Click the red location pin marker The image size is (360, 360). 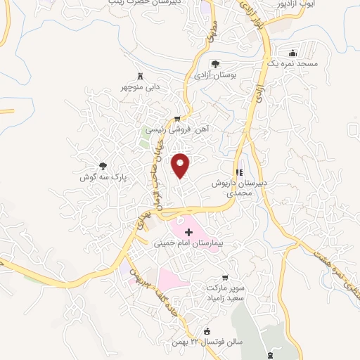(x=181, y=165)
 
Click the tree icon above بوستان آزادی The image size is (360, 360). (x=216, y=64)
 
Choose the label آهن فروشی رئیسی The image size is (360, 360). (x=177, y=130)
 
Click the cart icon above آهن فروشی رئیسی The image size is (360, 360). (x=178, y=118)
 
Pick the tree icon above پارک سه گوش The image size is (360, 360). (x=103, y=167)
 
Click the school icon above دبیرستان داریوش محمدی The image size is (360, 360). (x=239, y=172)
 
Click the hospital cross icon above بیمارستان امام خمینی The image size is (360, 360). (x=188, y=231)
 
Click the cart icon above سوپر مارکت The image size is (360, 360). (x=225, y=278)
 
